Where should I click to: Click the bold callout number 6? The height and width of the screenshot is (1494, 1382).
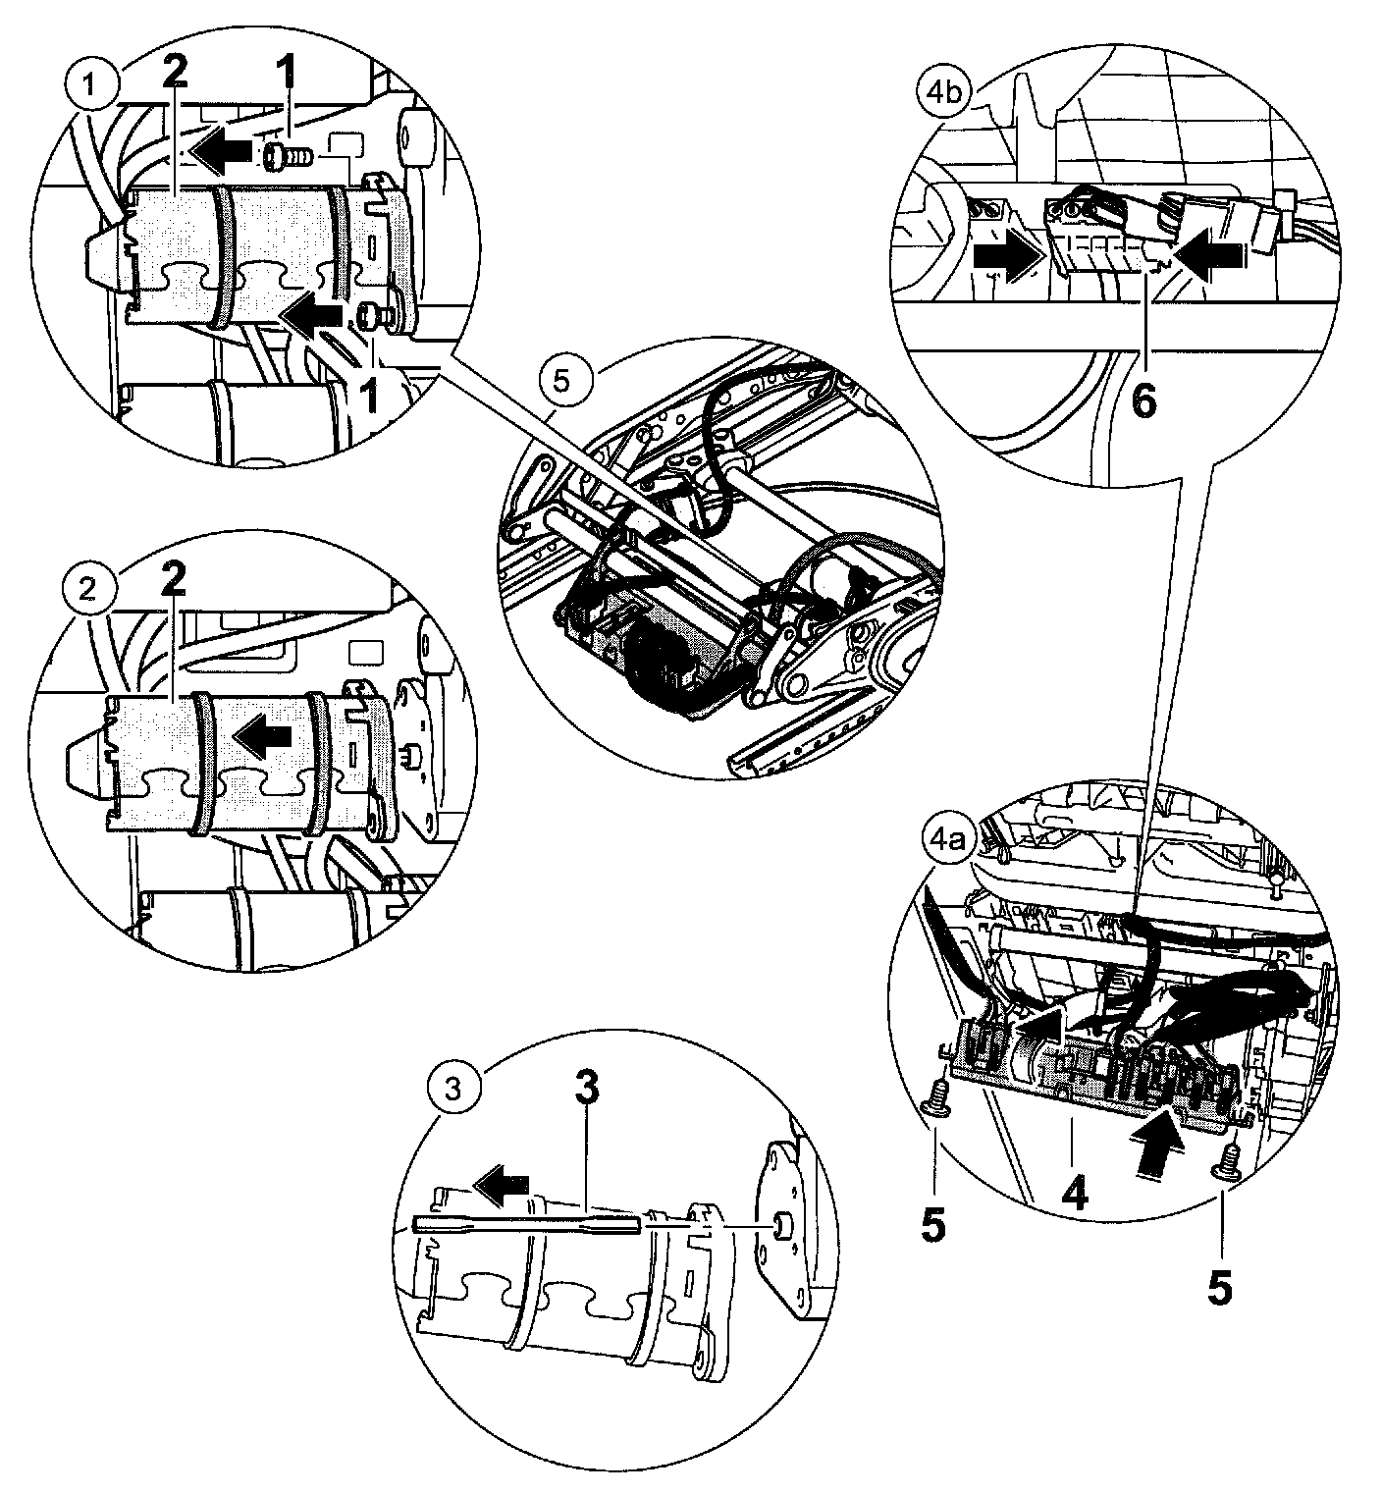pyautogui.click(x=1144, y=400)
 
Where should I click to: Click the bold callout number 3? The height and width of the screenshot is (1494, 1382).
pyautogui.click(x=586, y=1087)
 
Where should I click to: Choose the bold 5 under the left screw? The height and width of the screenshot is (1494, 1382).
pyautogui.click(x=933, y=1226)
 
